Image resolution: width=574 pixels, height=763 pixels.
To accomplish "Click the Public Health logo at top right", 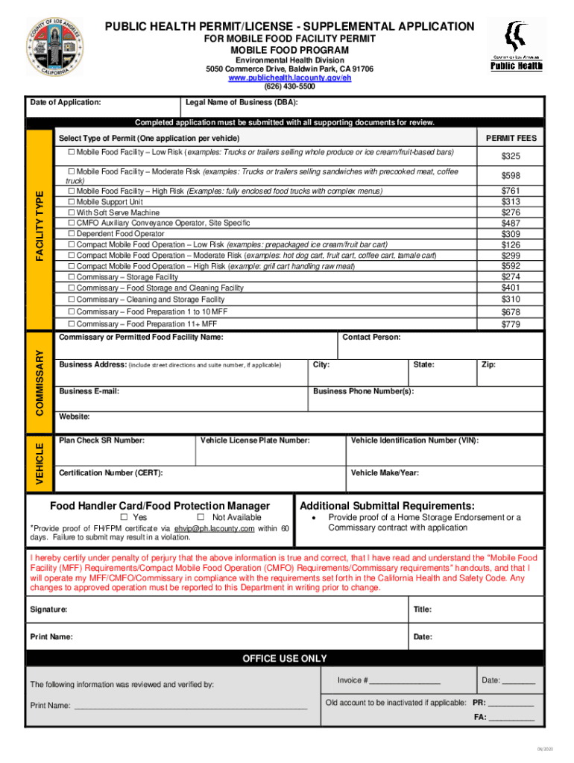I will click(516, 45).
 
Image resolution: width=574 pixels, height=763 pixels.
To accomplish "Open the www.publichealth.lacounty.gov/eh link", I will click(290, 77).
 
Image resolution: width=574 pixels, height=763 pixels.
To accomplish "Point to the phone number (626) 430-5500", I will click(290, 86).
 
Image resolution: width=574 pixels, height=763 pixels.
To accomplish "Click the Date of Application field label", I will click(66, 102).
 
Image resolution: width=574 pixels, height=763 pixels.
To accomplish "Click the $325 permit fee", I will click(511, 156).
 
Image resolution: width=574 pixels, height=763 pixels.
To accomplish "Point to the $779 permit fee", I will click(511, 324).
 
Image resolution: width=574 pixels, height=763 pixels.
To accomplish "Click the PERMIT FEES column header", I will click(511, 139).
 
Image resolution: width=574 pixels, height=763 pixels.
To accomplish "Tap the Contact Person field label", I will click(371, 338).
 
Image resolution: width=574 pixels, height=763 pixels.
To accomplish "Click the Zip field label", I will click(488, 364).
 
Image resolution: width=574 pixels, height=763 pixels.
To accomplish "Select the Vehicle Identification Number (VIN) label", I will click(414, 440).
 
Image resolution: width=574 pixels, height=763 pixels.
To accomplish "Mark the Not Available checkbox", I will click(201, 517).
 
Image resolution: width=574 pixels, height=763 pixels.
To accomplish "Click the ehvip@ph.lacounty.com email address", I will click(215, 528).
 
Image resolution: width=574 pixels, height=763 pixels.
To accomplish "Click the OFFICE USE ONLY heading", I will click(284, 659).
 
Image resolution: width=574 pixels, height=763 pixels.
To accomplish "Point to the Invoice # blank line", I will click(405, 681).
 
